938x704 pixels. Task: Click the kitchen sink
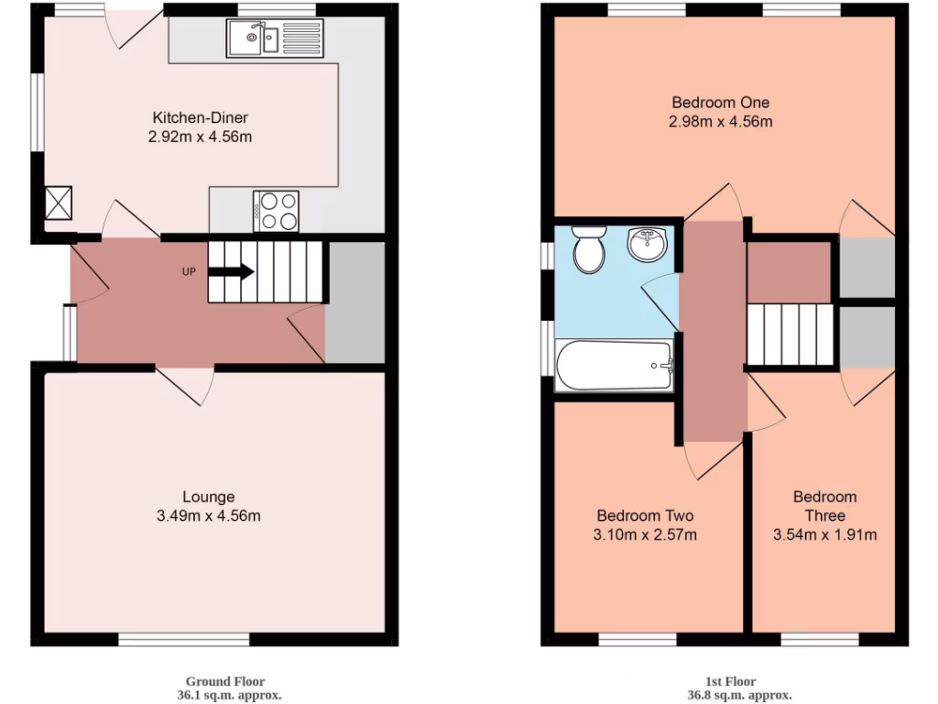[x=256, y=38]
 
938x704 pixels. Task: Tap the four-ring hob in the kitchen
[x=276, y=210]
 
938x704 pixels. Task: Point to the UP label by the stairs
[x=190, y=271]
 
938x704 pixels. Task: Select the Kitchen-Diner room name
[x=200, y=117]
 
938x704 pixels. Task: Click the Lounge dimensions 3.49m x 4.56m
[x=209, y=516]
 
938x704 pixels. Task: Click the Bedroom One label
[x=720, y=102]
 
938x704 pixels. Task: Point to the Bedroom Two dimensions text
[x=647, y=534]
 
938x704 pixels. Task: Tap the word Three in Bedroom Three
[x=824, y=515]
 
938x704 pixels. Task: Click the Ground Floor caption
[x=225, y=681]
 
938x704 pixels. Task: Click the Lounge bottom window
[x=184, y=640]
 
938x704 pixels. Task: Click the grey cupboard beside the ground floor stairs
[x=354, y=302]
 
